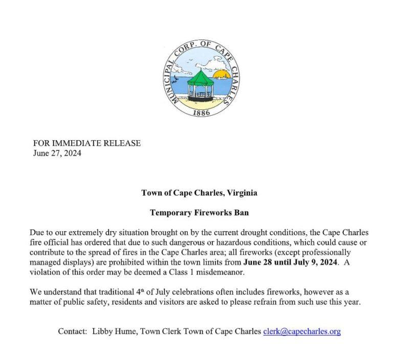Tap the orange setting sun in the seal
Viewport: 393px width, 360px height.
point(221,75)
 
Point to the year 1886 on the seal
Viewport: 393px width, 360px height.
point(201,112)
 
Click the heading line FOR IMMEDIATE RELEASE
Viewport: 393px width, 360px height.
point(86,143)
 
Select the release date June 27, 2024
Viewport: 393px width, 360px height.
point(57,153)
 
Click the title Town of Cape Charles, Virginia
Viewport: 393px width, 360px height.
point(199,193)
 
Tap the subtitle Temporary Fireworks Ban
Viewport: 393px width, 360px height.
point(199,212)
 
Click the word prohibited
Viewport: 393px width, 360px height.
point(148,262)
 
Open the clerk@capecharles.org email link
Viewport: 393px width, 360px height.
point(301,331)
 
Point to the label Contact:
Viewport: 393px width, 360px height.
point(72,331)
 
